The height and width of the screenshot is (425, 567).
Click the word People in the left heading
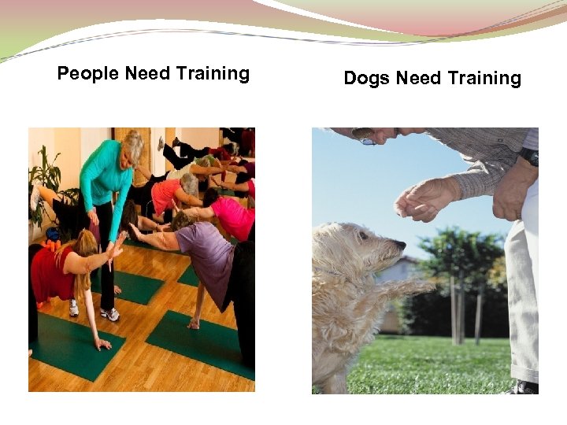[88, 74]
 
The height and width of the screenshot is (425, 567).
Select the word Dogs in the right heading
[367, 79]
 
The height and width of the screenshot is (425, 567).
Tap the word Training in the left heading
[213, 74]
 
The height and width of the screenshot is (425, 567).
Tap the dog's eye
[365, 235]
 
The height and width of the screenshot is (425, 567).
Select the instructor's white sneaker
[110, 314]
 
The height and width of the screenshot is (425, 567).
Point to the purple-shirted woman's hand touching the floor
[193, 323]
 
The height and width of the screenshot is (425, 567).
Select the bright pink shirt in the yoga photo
[235, 216]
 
